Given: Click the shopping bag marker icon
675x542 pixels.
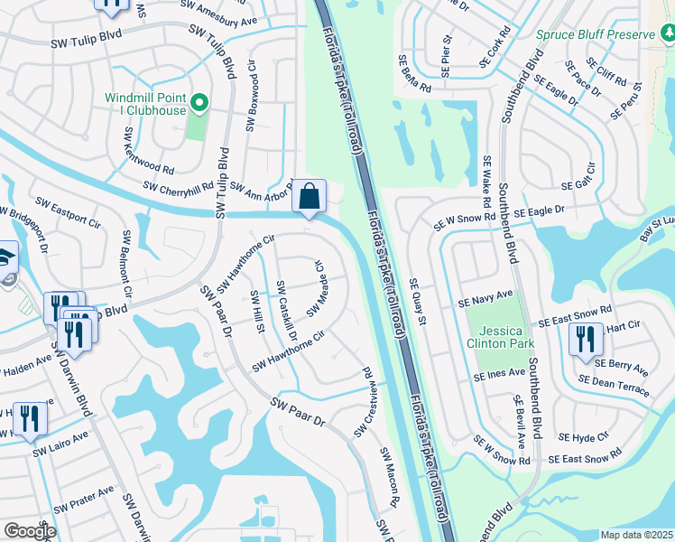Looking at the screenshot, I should tap(309, 196).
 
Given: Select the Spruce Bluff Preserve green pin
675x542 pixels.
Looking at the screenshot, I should tap(668, 34).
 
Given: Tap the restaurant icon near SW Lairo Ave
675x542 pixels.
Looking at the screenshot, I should tap(32, 419).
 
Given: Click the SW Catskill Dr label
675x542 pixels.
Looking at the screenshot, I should tap(287, 310).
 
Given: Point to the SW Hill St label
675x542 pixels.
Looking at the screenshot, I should tap(257, 313).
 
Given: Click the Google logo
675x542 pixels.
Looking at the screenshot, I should tap(30, 531).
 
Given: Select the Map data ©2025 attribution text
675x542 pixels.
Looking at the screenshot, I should tap(636, 535).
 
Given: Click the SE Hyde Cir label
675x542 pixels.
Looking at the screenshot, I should tap(585, 437).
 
